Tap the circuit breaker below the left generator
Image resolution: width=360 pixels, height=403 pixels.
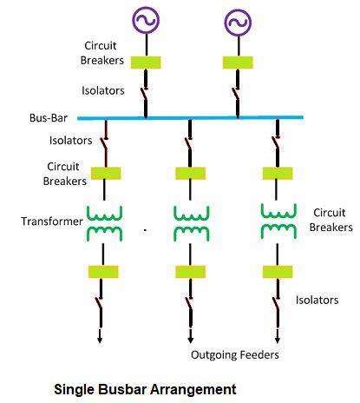[x=145, y=63]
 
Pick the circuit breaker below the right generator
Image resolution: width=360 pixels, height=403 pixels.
[x=237, y=63]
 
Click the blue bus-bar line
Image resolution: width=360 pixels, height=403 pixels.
[x=191, y=117]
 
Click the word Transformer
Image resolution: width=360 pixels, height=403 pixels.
[x=50, y=221]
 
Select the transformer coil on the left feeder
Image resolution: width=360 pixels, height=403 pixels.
[x=104, y=222]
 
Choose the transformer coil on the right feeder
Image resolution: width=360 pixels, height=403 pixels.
[x=276, y=222]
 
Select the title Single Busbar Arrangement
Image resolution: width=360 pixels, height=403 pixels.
[x=145, y=388]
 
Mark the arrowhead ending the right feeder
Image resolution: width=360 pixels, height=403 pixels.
[x=276, y=340]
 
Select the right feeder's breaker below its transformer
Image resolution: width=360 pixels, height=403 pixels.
[x=276, y=272]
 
